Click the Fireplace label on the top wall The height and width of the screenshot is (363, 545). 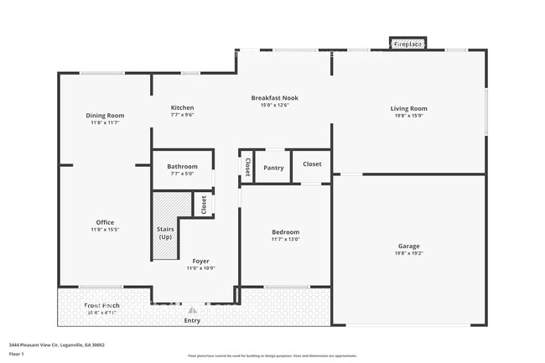pos(408,44)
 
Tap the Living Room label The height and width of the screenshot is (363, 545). pos(408,108)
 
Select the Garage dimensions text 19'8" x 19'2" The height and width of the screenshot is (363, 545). pos(408,253)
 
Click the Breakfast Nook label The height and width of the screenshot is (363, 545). pos(274,98)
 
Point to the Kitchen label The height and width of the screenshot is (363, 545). pos(182,107)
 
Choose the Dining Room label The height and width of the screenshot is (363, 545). pos(105,115)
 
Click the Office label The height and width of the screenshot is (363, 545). pos(105,222)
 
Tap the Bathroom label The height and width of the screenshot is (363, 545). pos(182,166)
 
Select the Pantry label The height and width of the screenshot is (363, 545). pos(273,168)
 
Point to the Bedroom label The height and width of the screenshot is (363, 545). pos(285,232)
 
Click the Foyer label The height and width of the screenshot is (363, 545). pos(200,261)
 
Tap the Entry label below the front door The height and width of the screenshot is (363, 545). pos(192,320)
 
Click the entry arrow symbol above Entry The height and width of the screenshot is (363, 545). pos(192,309)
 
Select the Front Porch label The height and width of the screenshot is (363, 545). pos(101,306)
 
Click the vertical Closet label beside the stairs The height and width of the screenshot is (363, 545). pos(203,204)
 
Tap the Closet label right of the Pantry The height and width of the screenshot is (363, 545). pos(312,164)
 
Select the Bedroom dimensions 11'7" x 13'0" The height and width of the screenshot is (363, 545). pos(285,240)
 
